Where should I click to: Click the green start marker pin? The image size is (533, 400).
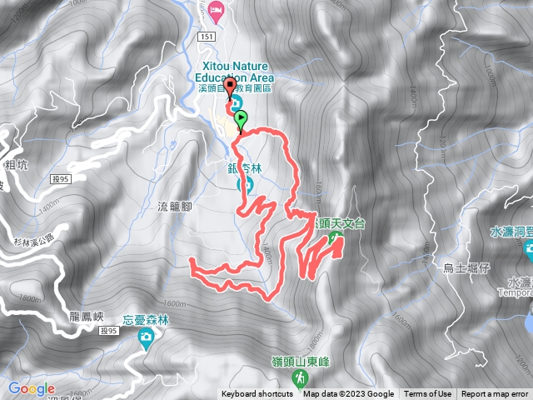[x=242, y=118]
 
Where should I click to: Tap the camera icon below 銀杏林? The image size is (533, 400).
[x=246, y=185]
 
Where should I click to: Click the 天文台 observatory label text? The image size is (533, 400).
[x=340, y=223]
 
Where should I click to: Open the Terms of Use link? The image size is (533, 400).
[x=428, y=394]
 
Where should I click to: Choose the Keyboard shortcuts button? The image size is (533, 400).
[x=258, y=394]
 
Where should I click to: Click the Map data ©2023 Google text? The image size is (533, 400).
[x=348, y=394]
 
